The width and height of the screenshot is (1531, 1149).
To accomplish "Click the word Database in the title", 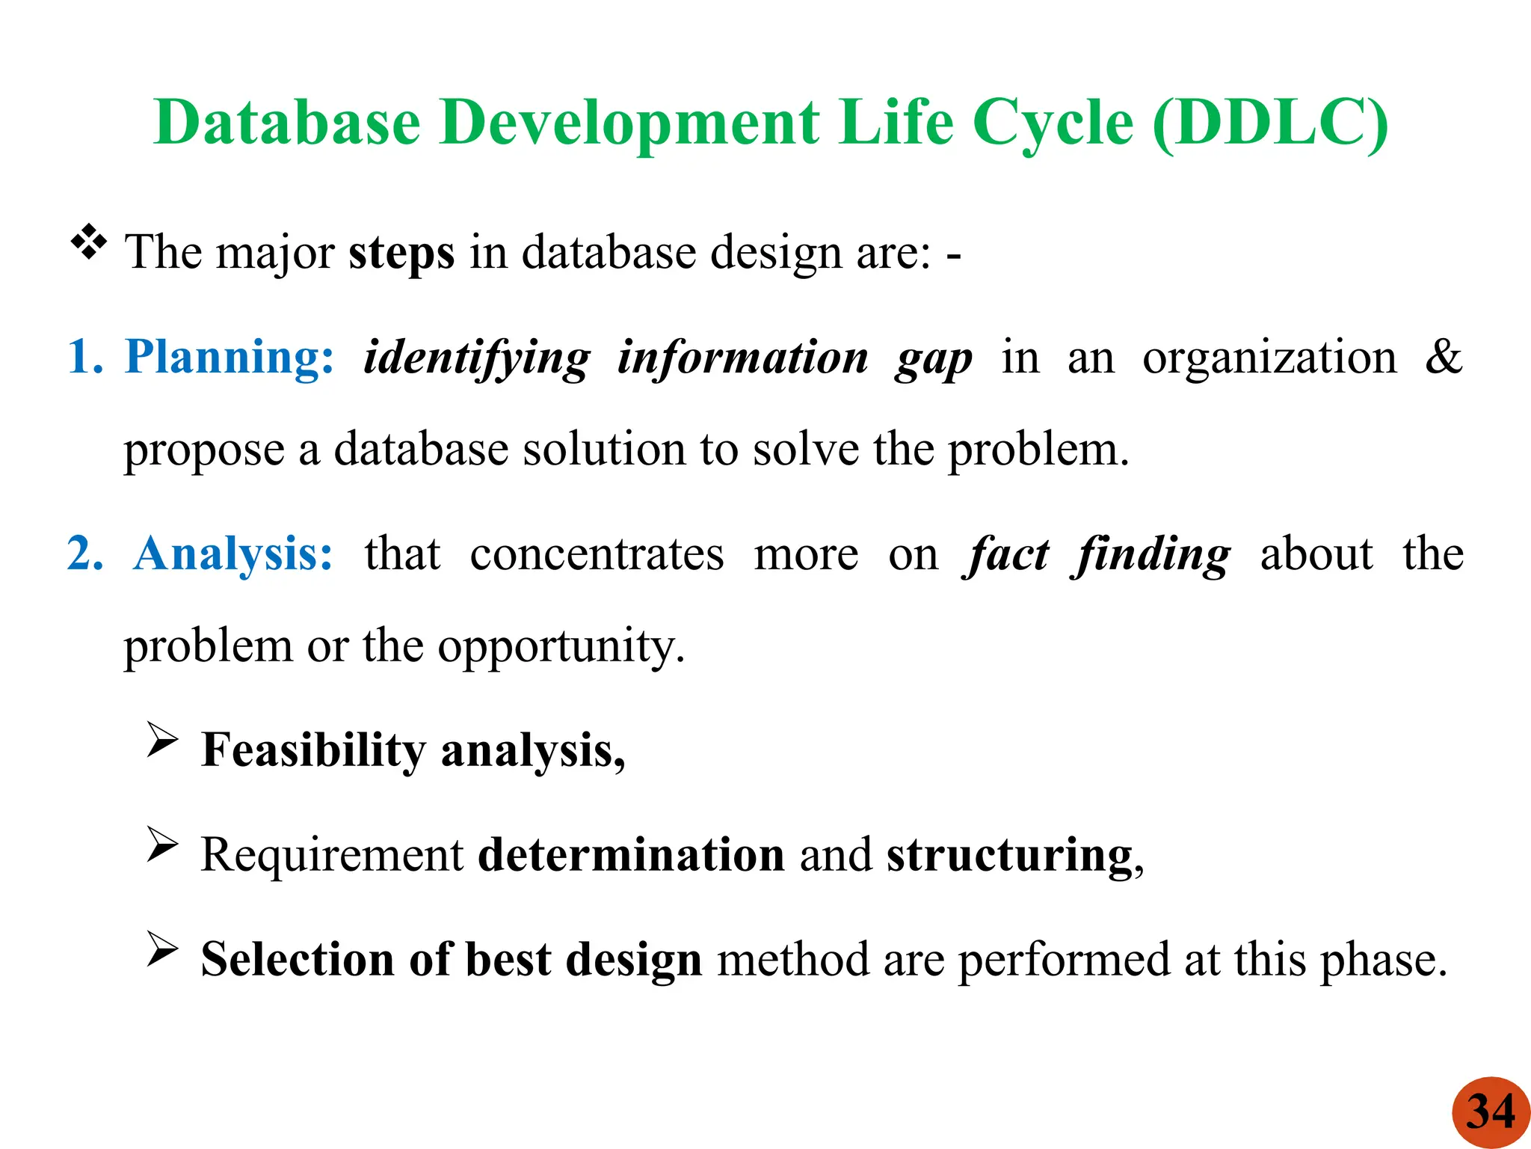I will (288, 122).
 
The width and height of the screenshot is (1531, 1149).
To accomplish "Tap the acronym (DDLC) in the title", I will (1270, 122).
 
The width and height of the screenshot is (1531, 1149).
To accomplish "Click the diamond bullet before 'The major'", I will (89, 242).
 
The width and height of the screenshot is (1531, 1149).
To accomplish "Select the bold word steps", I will (401, 253).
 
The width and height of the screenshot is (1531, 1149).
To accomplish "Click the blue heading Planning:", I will (230, 357).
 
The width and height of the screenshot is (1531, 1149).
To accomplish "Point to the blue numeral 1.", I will (84, 357).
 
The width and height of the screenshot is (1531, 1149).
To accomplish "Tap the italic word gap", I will (934, 359).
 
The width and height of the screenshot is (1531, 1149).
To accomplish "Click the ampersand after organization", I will (1443, 357).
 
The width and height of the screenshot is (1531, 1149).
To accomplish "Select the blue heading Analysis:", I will (233, 554).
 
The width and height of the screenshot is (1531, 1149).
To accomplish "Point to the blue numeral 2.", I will (84, 554).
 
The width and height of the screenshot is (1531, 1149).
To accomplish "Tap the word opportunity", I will (560, 647).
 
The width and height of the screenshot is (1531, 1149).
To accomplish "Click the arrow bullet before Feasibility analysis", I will (161, 740).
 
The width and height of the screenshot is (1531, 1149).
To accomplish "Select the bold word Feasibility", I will (313, 750).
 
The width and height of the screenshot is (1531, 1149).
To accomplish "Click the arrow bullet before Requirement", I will (161, 845).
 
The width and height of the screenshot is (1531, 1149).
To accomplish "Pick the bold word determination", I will (631, 855).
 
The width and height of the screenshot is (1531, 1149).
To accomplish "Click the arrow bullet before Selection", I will (161, 949).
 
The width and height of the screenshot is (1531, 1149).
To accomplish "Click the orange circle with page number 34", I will (1491, 1112).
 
